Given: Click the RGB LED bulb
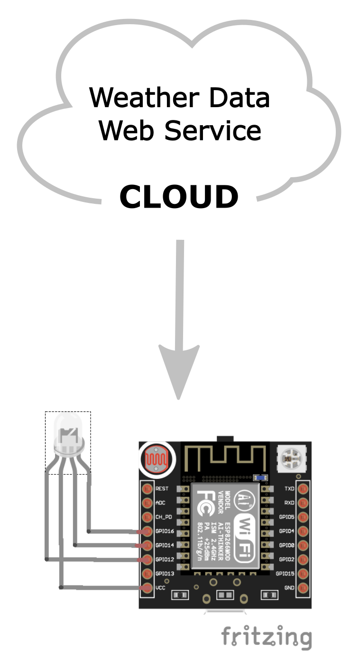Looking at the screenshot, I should pos(68,431).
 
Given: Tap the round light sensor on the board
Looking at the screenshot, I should pos(157,459).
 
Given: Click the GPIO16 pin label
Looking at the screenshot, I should pos(165,531).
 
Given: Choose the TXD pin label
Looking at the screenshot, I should pos(289,489).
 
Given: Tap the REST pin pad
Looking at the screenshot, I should pos(147,489).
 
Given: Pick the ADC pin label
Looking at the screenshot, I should pos(160,503).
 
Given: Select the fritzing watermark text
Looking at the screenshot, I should pos(267,638).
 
